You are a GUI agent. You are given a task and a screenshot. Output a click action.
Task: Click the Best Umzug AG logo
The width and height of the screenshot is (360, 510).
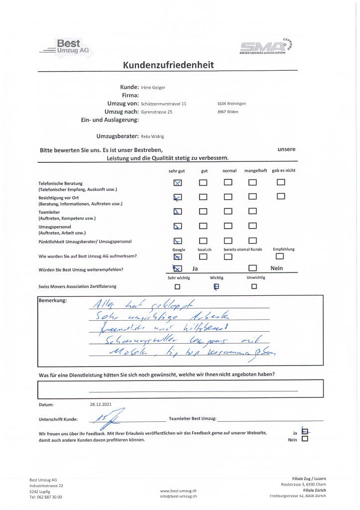68,48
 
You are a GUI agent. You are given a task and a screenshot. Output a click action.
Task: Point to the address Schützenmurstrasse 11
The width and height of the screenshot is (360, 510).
163,104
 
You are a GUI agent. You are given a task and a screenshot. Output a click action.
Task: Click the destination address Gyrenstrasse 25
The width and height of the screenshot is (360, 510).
156,112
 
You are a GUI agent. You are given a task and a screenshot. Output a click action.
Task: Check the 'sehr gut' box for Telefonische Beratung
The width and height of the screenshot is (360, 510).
178,182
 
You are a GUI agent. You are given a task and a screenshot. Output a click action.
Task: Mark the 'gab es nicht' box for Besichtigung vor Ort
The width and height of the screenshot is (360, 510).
281,196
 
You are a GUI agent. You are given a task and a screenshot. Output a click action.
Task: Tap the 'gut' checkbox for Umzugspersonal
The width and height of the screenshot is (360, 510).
203,226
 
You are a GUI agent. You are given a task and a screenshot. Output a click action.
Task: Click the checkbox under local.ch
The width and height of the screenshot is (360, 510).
203,256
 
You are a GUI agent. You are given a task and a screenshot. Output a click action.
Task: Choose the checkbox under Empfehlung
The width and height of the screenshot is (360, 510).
279,256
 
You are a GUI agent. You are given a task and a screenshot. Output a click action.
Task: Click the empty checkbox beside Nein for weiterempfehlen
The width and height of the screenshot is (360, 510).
252,268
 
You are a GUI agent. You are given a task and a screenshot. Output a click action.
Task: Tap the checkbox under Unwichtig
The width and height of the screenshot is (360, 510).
254,286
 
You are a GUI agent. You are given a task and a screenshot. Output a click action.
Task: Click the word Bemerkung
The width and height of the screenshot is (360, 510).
52,301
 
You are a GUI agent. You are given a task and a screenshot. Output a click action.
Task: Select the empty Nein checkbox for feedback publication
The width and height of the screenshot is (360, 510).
305,439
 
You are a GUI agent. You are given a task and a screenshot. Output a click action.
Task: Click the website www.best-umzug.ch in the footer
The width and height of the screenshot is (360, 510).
178,491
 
